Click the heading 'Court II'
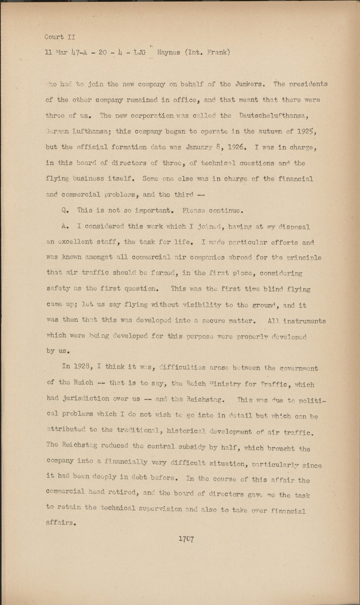coord(60,37)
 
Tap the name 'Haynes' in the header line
coord(168,53)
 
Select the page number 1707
coord(186,539)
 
